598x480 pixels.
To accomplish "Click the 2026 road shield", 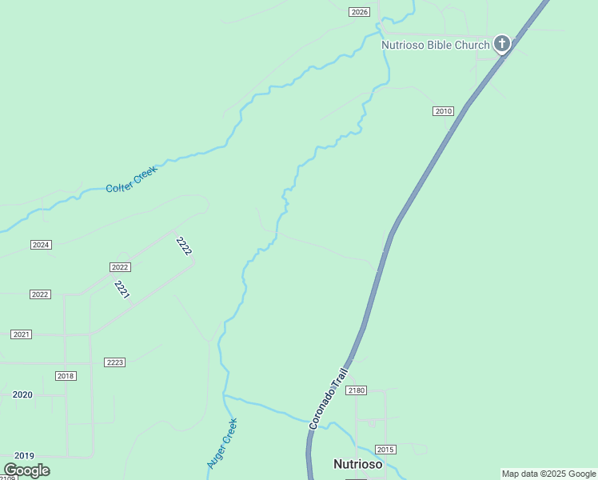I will tap(360, 12).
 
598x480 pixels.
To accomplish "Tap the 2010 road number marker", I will tap(443, 111).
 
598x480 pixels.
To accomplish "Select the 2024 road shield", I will tap(41, 245).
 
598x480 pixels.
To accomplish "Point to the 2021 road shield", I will tap(22, 334).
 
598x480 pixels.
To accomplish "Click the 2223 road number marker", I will tap(115, 362).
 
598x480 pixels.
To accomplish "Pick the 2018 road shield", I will tap(66, 376).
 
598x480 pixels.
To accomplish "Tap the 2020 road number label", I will tap(22, 394).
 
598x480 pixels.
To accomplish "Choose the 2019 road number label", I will tap(24, 454).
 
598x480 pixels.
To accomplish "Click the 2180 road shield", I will tap(357, 390).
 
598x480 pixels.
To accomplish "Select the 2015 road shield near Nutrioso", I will tap(386, 450).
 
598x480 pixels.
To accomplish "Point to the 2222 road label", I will tap(184, 246).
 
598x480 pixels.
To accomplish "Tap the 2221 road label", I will tap(122, 290).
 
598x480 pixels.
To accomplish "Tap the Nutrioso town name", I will tap(357, 464).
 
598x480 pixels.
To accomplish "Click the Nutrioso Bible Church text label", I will tap(435, 45).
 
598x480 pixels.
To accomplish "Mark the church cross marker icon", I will tap(501, 43).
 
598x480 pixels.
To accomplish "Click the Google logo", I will tap(26, 470).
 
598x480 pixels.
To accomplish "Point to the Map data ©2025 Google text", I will tap(548, 474).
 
